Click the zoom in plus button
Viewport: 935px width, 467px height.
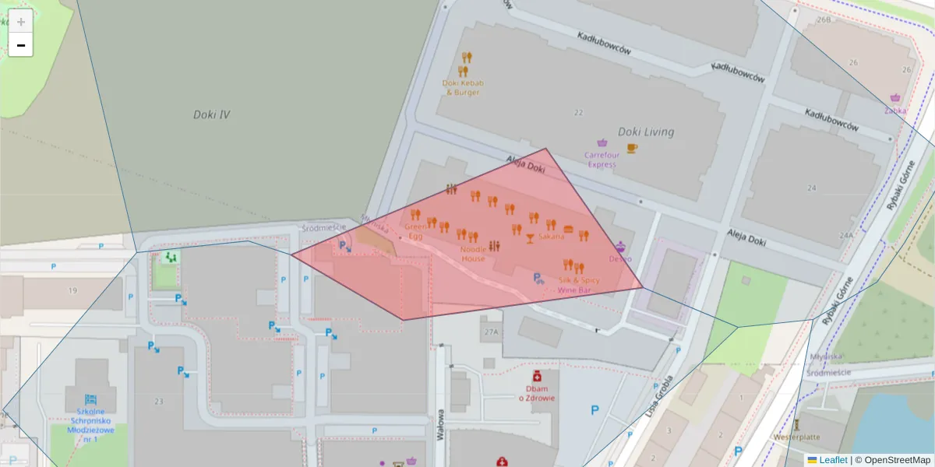coord(21,21)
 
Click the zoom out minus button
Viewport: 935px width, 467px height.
coord(21,45)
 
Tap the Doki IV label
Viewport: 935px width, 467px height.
coord(211,114)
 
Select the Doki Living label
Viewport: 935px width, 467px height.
coord(645,132)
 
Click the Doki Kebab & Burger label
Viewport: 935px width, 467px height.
coord(463,87)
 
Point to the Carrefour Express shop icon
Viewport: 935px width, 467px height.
coord(602,142)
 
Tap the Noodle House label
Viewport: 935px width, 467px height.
coord(473,254)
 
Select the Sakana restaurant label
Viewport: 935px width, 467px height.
coord(551,237)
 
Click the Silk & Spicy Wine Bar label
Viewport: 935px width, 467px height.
coord(578,285)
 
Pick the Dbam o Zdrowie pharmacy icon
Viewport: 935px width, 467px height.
coord(537,376)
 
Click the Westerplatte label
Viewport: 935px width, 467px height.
coord(796,437)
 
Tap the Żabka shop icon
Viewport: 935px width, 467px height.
coord(896,98)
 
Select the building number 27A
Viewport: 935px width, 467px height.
coord(490,332)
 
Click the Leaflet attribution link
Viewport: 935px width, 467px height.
coord(833,460)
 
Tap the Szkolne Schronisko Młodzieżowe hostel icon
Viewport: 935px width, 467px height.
coord(90,399)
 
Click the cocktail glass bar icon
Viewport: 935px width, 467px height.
coord(531,237)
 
